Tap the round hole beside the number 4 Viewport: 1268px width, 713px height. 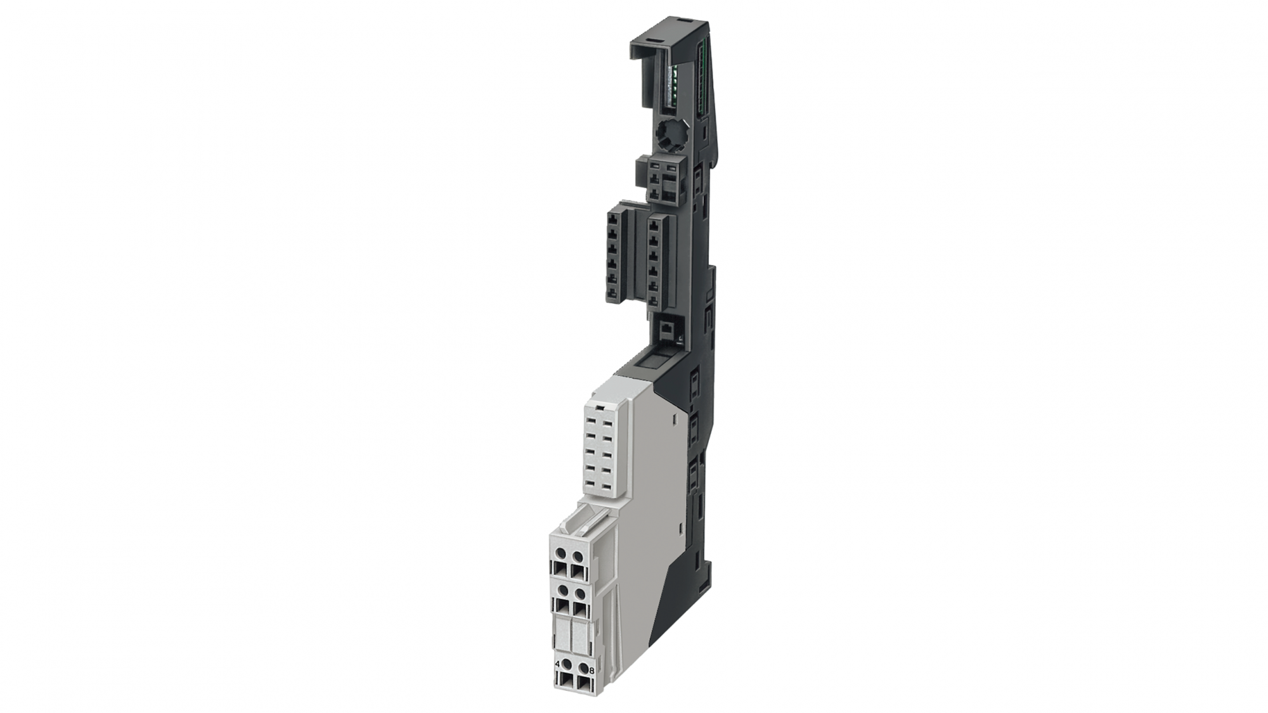(567, 665)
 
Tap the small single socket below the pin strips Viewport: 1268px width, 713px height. (668, 330)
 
